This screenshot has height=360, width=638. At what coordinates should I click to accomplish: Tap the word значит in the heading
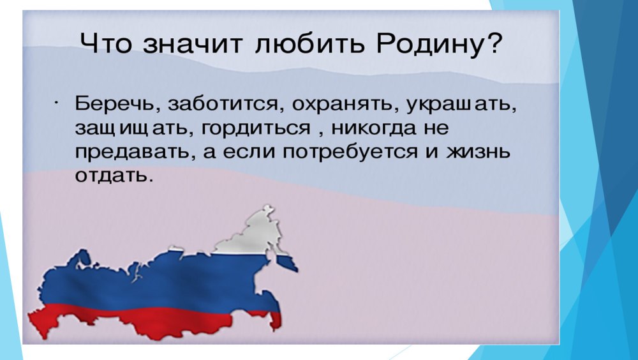(x=193, y=44)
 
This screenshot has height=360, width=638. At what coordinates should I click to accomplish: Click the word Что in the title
(x=106, y=43)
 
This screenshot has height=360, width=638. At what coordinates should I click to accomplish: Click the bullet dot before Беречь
(x=56, y=103)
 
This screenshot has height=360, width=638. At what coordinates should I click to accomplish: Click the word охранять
(x=345, y=105)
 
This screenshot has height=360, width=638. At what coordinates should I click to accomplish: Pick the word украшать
(x=461, y=105)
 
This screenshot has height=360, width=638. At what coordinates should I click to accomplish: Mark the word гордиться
(x=255, y=128)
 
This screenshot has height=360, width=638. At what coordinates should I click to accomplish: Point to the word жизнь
(x=478, y=153)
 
